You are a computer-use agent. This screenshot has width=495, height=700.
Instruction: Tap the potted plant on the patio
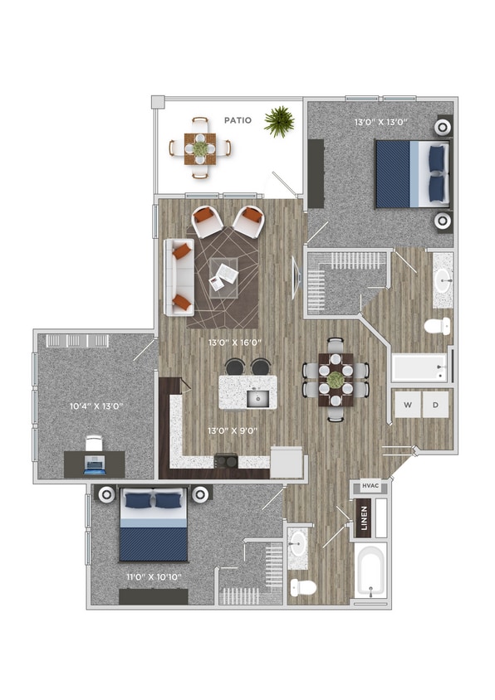pyautogui.click(x=279, y=121)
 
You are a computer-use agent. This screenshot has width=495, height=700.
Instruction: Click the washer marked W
pyautogui.click(x=407, y=405)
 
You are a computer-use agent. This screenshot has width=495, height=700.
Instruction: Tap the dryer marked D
pyautogui.click(x=436, y=405)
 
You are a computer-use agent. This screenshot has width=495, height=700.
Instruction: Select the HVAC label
pyautogui.click(x=370, y=489)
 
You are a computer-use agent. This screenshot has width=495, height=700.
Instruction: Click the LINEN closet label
pyautogui.click(x=363, y=518)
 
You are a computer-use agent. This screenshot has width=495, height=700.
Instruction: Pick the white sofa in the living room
pyautogui.click(x=178, y=277)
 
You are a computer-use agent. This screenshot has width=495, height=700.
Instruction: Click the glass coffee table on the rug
pyautogui.click(x=223, y=275)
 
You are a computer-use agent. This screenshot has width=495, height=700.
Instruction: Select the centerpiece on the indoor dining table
pyautogui.click(x=335, y=380)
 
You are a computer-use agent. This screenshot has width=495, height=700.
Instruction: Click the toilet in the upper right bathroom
pyautogui.click(x=437, y=325)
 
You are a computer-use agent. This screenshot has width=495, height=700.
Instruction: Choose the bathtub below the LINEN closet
pyautogui.click(x=370, y=570)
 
